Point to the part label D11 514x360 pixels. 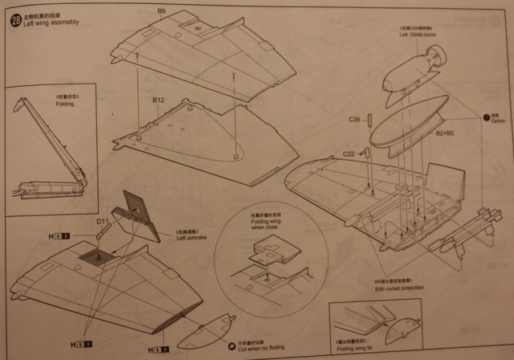coord(103,221)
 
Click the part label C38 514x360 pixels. coord(355,120)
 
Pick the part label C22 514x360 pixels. coord(349,153)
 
